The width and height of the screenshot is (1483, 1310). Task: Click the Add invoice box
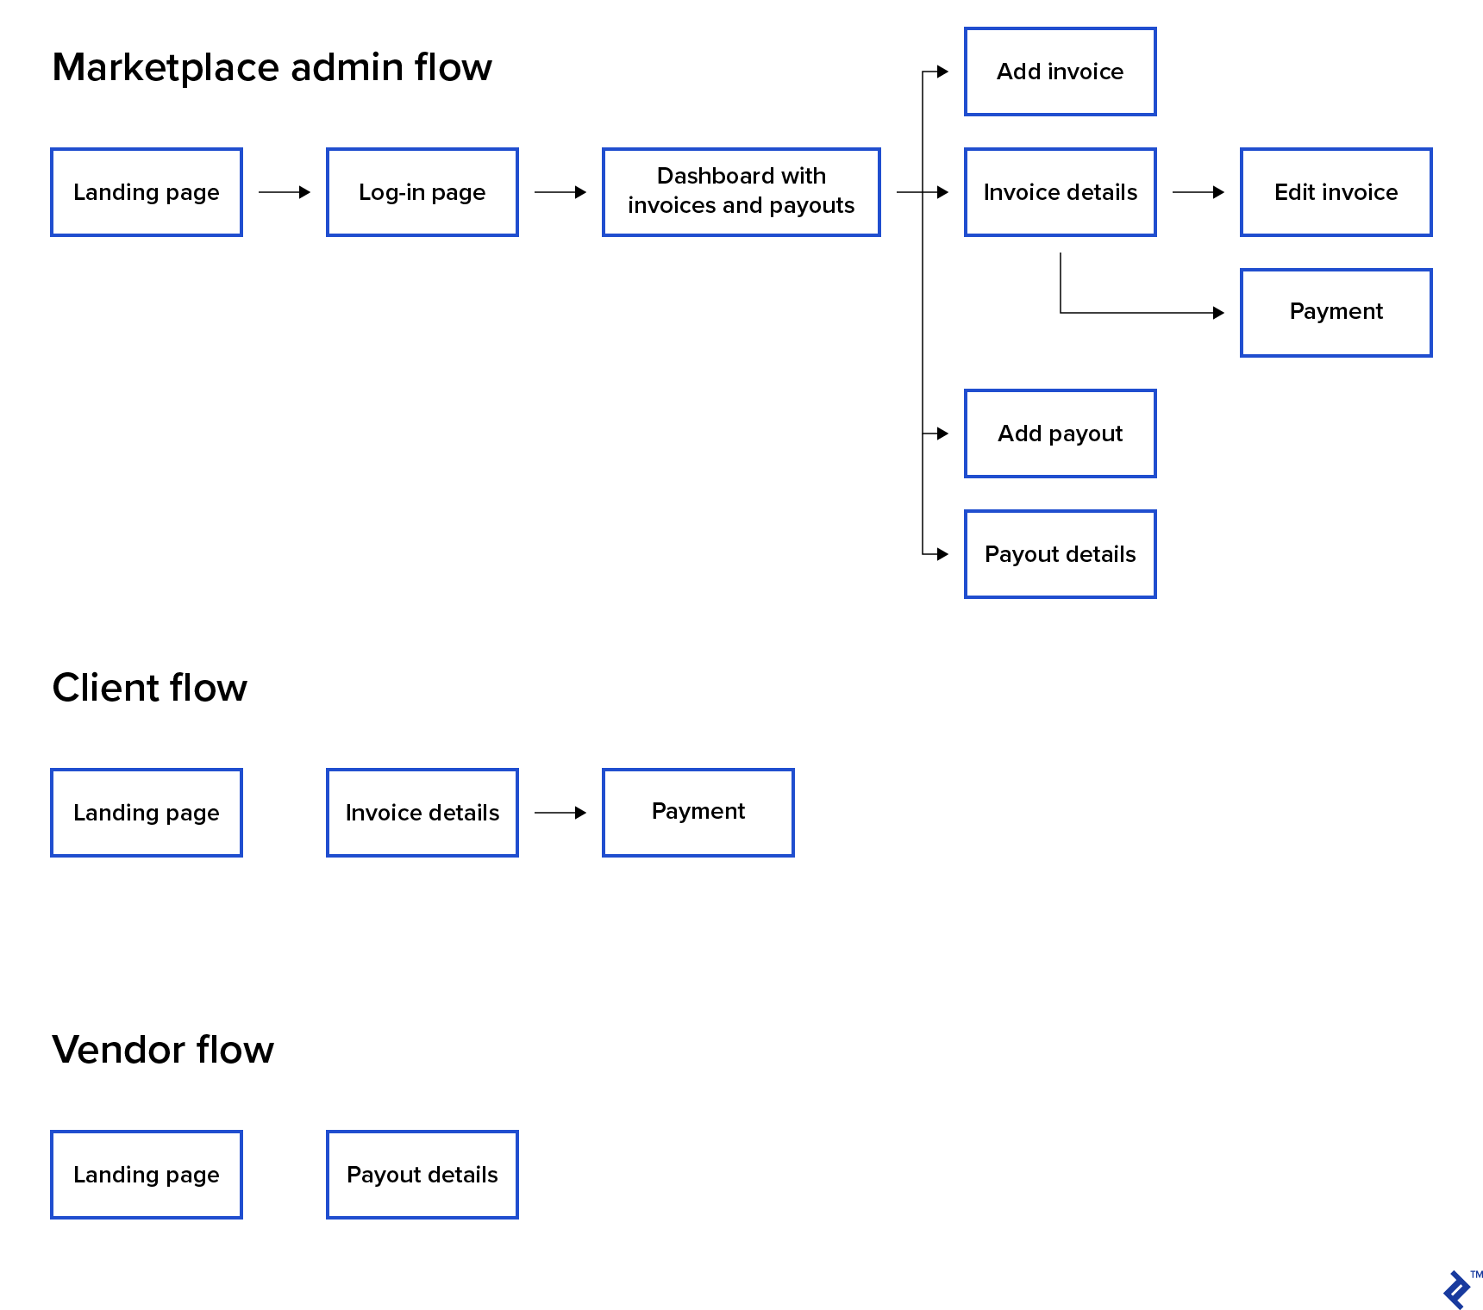[1060, 72]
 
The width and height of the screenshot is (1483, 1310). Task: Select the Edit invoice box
[1336, 192]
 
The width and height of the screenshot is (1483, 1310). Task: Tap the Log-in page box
[422, 192]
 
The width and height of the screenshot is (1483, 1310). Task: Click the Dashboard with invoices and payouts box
[741, 192]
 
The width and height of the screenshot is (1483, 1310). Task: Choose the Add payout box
[1060, 434]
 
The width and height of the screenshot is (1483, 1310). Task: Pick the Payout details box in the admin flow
[1060, 554]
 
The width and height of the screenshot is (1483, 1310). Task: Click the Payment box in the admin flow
[1336, 313]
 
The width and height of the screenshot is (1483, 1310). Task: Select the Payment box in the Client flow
[698, 813]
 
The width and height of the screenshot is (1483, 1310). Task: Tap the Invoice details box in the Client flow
[422, 813]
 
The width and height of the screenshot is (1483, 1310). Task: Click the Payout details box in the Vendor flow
[422, 1175]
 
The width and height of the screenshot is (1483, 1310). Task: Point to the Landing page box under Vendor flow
[146, 1175]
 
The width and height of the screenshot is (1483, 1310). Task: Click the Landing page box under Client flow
[146, 813]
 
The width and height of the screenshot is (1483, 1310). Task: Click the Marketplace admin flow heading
[272, 67]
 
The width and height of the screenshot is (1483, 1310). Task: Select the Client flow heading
[149, 688]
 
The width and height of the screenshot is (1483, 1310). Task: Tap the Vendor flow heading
[163, 1050]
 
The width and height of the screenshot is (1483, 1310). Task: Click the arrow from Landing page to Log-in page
[285, 192]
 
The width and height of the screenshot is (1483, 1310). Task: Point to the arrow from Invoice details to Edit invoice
[1198, 192]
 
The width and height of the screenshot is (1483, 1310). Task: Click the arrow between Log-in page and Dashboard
[560, 192]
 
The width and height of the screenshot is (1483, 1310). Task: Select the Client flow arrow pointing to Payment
[560, 813]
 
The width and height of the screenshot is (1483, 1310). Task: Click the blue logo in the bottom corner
[1457, 1289]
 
